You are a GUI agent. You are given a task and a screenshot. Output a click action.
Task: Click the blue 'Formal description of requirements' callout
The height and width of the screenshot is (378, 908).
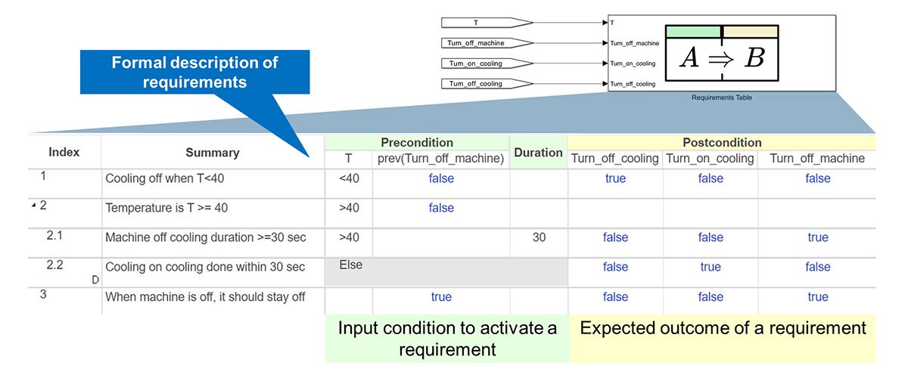pyautogui.click(x=194, y=72)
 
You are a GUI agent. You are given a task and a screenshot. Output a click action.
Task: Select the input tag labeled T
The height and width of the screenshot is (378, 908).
pyautogui.click(x=484, y=22)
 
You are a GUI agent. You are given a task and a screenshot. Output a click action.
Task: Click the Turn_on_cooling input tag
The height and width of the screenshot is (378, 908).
pyautogui.click(x=484, y=63)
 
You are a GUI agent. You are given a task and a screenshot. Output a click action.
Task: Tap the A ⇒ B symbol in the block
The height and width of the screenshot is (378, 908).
pyautogui.click(x=721, y=57)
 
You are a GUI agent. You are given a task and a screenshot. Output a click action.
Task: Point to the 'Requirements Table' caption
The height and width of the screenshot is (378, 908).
pyautogui.click(x=722, y=98)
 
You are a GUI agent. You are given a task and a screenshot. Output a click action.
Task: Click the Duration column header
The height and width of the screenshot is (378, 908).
pyautogui.click(x=539, y=152)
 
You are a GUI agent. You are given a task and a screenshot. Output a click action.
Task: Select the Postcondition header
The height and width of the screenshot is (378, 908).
pyautogui.click(x=722, y=142)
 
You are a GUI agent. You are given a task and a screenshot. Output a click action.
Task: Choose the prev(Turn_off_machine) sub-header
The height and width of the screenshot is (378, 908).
pyautogui.click(x=441, y=159)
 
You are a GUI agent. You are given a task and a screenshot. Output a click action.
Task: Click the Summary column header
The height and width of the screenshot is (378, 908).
pyautogui.click(x=212, y=153)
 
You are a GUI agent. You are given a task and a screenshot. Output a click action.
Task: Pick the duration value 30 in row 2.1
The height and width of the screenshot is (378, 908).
pyautogui.click(x=539, y=237)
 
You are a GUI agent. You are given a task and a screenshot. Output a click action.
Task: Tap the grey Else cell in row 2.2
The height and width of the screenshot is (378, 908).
pyautogui.click(x=446, y=271)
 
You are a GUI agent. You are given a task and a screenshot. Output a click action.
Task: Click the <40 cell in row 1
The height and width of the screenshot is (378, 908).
pyautogui.click(x=349, y=178)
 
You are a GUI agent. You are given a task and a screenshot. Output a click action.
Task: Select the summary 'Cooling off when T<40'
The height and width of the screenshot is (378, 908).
pyautogui.click(x=165, y=178)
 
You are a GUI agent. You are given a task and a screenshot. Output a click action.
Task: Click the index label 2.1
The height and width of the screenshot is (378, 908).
pyautogui.click(x=55, y=236)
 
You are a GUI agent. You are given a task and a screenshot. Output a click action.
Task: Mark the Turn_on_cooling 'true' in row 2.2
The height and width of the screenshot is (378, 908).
pyautogui.click(x=711, y=267)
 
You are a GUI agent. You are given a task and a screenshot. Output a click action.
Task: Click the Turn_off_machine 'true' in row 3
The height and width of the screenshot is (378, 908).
pyautogui.click(x=818, y=297)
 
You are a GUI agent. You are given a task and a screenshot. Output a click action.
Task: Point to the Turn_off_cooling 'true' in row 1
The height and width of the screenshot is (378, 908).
pyautogui.click(x=615, y=178)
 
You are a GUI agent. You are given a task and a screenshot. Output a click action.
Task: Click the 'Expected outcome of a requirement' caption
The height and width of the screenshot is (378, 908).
pyautogui.click(x=723, y=329)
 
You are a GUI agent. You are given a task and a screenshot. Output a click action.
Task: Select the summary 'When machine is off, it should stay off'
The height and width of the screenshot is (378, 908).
pyautogui.click(x=205, y=297)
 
